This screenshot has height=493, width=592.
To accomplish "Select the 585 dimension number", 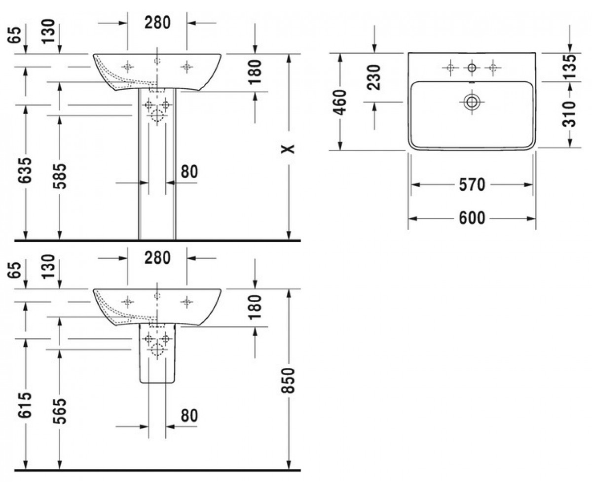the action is tap(60, 176).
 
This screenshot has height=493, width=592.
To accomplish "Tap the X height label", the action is tap(288, 149).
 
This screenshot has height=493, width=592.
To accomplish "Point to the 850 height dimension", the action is tap(288, 381).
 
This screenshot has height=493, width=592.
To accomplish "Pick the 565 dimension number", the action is tap(60, 411).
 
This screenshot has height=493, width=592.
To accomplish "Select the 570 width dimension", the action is tap(472, 185).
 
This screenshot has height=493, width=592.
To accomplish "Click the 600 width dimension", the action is tap(472, 218).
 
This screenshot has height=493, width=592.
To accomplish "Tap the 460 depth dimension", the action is tap(340, 102).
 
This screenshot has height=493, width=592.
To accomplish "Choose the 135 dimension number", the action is tap(570, 66).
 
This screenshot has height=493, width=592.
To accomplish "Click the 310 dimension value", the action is tap(570, 114).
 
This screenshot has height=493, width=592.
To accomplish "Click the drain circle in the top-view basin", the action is tap(472, 102).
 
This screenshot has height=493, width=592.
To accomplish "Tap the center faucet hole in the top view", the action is tap(472, 68).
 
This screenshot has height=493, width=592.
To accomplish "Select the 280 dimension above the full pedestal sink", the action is tap(157, 23).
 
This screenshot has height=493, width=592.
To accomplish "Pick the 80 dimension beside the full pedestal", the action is tap(189, 172).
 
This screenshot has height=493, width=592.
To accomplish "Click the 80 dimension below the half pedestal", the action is tap(189, 416).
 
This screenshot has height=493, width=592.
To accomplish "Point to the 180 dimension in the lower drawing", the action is tap(255, 307).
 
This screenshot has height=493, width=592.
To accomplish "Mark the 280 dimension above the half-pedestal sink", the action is tap(157, 258).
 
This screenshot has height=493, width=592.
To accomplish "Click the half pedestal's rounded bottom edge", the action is tap(157, 383).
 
